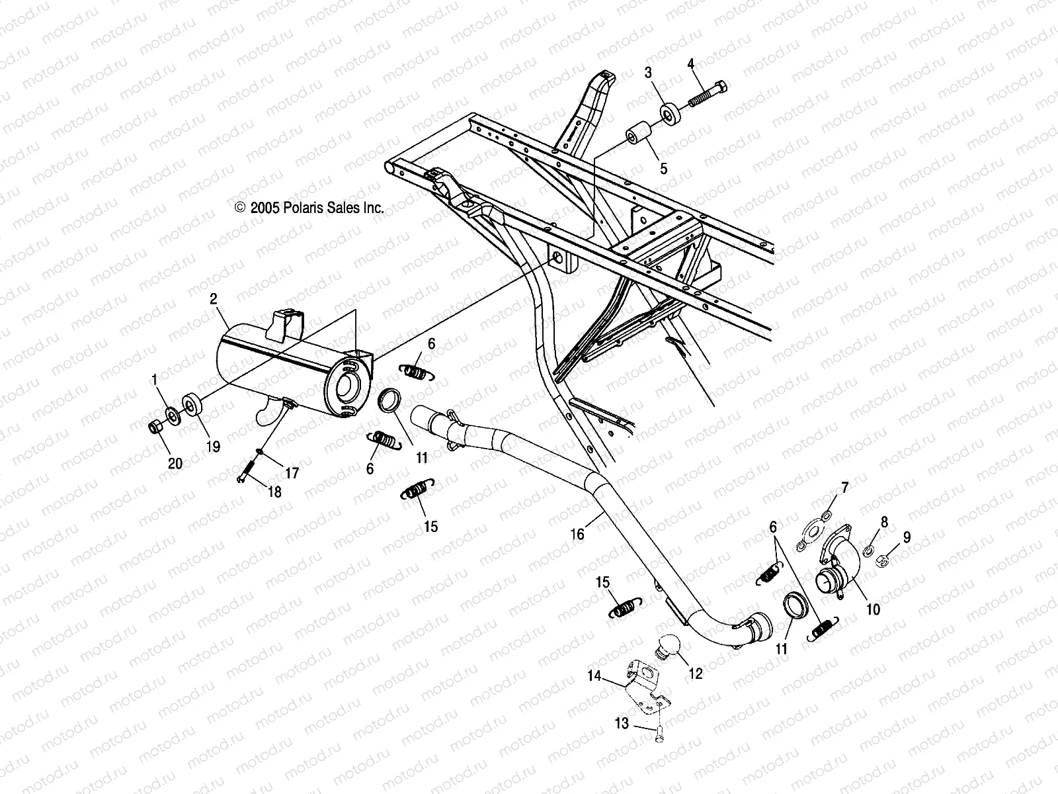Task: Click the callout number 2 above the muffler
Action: (x=213, y=299)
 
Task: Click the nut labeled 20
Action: (x=157, y=427)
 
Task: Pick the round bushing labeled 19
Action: (x=192, y=404)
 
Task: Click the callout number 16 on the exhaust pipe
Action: (x=577, y=533)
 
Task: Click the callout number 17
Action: (x=292, y=473)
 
